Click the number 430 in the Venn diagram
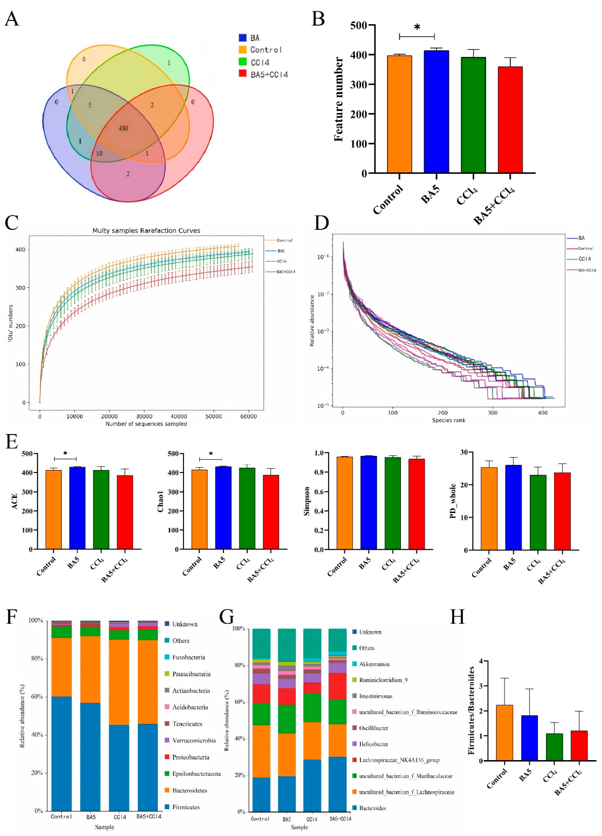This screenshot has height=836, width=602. tap(123, 128)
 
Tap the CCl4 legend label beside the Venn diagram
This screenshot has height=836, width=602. tap(260, 62)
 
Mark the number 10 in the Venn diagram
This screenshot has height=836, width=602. tap(99, 153)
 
